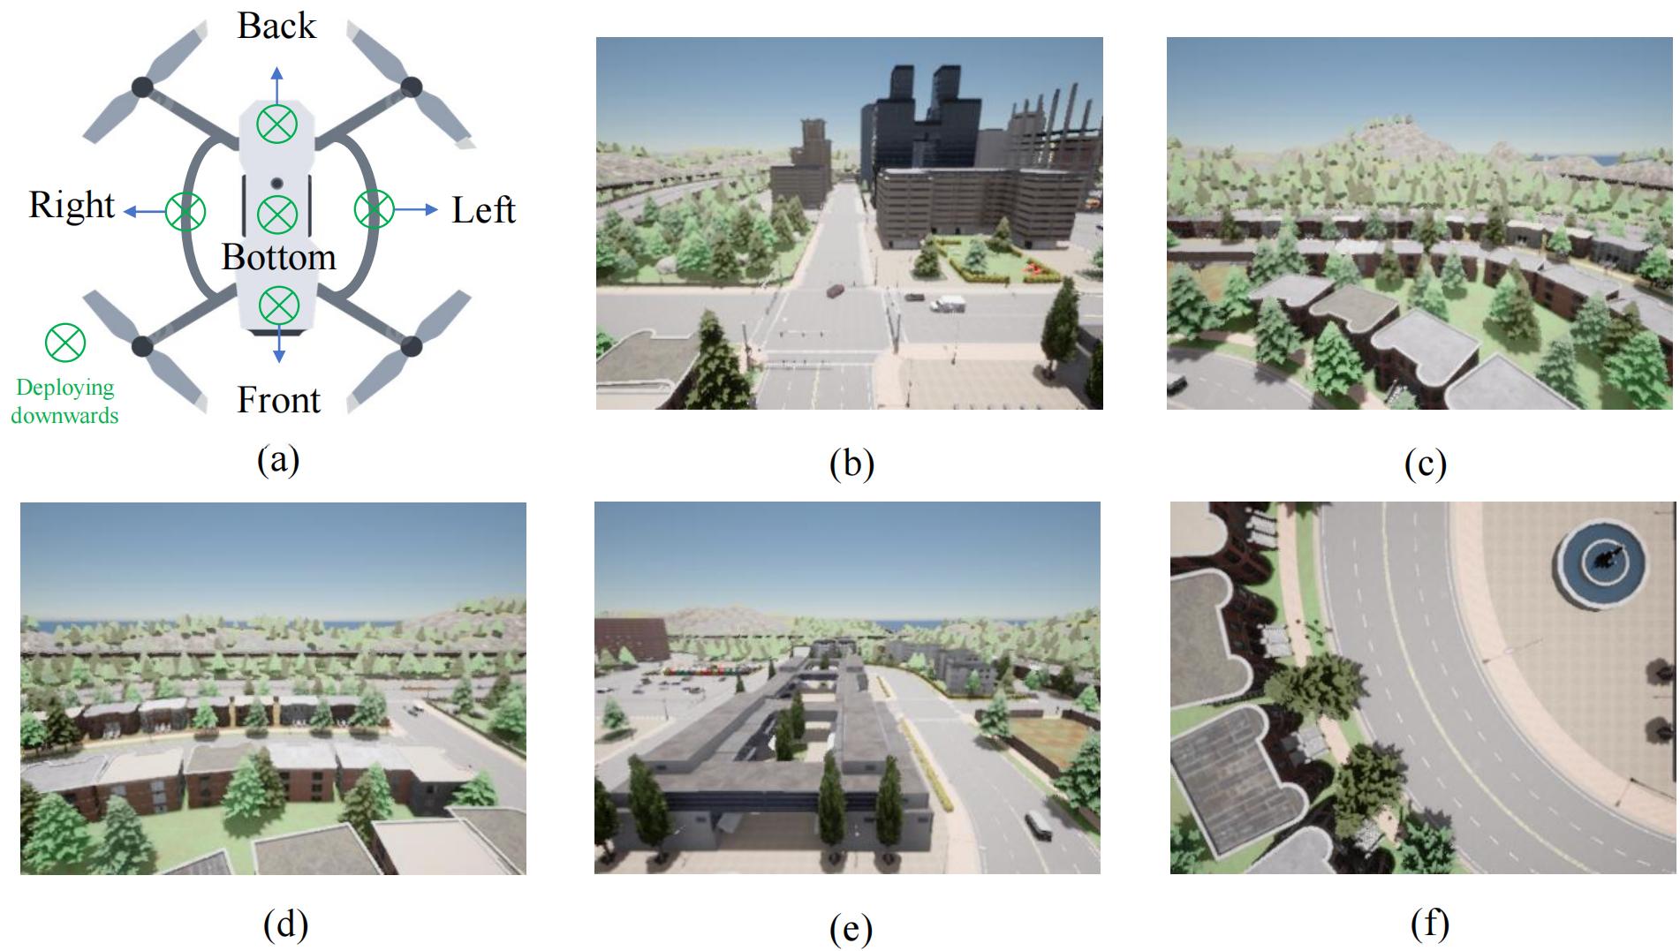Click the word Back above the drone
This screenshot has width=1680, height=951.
[276, 26]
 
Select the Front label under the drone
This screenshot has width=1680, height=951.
[278, 400]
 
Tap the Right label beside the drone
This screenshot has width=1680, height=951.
[72, 205]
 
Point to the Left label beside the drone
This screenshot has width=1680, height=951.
[483, 210]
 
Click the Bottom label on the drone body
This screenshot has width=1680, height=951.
[278, 257]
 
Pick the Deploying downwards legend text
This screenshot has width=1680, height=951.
[65, 401]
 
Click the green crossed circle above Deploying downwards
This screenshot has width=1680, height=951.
[65, 343]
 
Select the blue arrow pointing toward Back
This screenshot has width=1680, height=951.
[276, 85]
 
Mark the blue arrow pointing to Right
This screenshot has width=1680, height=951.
[144, 211]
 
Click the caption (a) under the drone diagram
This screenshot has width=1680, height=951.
[278, 459]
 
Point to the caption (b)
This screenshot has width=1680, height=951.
[851, 463]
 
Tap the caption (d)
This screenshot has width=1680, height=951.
[285, 924]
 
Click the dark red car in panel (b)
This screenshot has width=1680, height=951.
[836, 290]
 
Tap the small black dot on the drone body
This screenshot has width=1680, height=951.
[276, 183]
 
